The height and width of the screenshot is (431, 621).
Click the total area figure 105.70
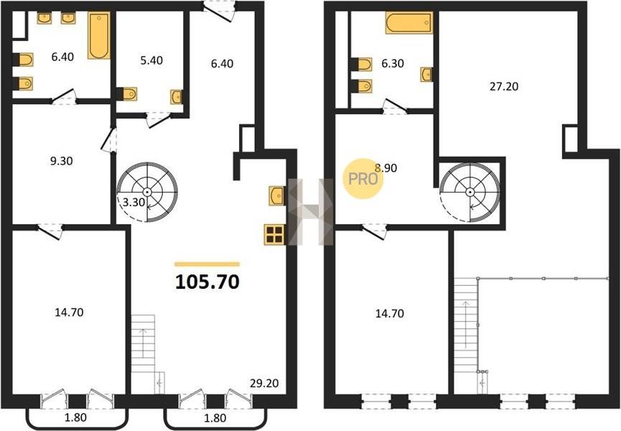point(207,282)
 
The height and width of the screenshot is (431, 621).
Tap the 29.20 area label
point(264,384)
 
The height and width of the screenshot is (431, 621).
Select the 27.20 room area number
point(504,86)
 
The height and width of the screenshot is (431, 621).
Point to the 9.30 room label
point(62,161)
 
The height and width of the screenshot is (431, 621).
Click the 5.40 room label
point(151,60)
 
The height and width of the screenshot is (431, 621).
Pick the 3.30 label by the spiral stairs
point(134,203)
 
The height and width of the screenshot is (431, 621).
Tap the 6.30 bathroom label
point(393,63)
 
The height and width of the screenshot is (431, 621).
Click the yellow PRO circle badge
point(363,179)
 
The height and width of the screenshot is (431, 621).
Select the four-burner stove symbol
point(274,234)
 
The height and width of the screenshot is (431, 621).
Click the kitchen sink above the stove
point(276,195)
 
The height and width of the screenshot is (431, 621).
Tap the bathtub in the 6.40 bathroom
point(99,36)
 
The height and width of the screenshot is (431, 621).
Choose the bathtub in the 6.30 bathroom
point(409,22)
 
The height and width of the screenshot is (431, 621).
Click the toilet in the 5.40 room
point(127,94)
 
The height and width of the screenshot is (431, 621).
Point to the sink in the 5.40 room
point(177,97)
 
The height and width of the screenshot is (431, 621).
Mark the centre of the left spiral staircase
point(147,192)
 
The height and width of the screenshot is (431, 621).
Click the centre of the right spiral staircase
point(470,192)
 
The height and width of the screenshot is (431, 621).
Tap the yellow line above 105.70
point(207,264)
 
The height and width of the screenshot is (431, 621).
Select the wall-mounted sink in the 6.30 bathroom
point(426,75)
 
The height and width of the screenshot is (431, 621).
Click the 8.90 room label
point(386,168)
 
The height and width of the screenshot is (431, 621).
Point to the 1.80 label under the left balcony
point(75,417)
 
